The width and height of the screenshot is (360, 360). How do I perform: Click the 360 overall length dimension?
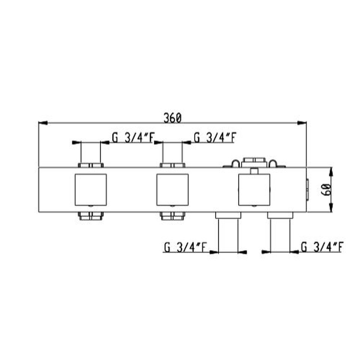coord(172,118)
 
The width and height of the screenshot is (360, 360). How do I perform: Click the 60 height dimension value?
coord(326,190)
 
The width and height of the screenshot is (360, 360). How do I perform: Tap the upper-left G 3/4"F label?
coord(133,138)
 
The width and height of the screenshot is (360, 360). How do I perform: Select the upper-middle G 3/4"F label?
coord(215,138)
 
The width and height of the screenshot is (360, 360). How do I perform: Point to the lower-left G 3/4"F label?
coord(185,247)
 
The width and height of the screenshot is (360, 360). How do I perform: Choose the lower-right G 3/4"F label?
coord(322,247)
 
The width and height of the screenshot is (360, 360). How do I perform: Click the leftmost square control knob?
coord(91,190)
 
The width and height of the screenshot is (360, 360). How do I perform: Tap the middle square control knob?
coord(172,190)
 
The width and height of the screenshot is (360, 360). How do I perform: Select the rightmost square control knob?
coord(254,190)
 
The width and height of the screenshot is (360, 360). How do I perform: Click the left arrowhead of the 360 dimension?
coord(43,123)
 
